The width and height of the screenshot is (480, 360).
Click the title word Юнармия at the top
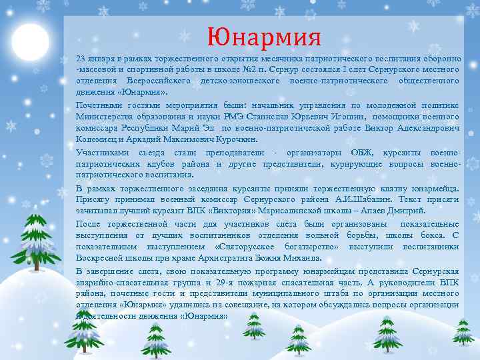coord(264,35)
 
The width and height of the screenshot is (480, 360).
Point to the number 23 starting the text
coord(81,58)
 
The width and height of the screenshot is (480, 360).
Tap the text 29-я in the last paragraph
coord(227,283)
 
